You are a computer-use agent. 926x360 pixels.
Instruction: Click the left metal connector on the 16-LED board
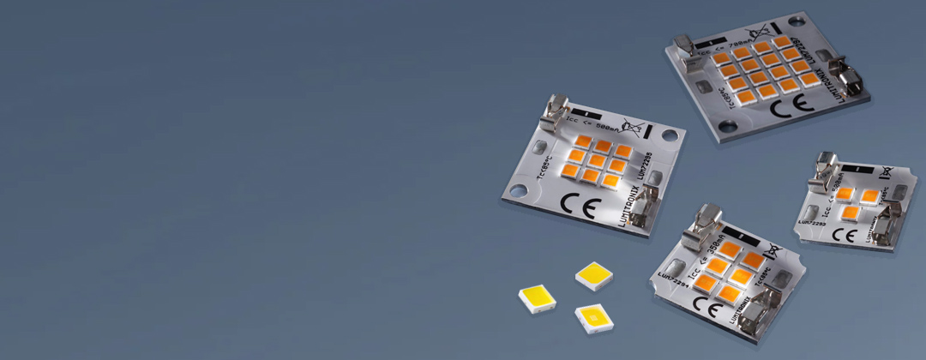[686, 48]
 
